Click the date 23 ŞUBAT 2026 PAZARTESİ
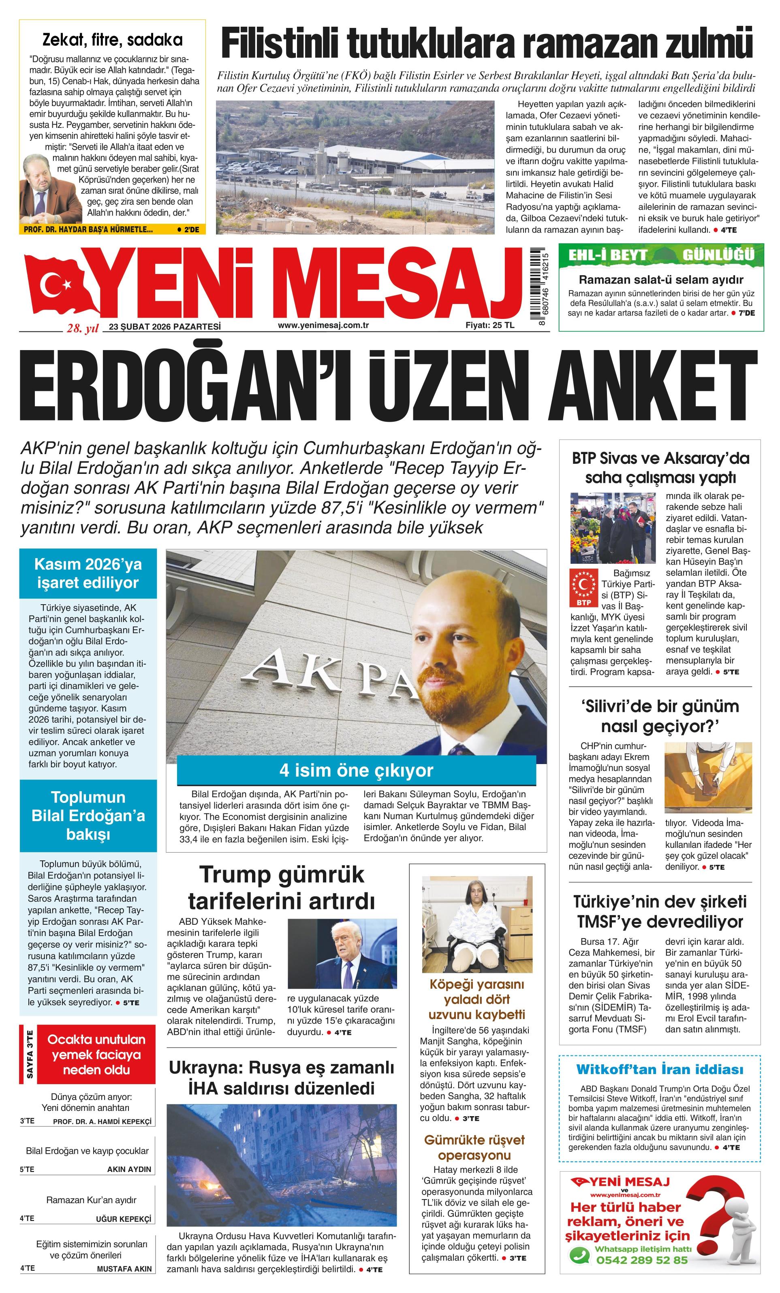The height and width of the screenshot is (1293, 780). click(165, 327)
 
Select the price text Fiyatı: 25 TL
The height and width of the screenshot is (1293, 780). click(489, 325)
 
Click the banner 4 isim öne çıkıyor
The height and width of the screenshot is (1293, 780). click(356, 771)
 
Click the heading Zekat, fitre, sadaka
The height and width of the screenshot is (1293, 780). click(112, 40)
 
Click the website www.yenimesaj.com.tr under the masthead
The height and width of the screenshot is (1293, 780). click(323, 325)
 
